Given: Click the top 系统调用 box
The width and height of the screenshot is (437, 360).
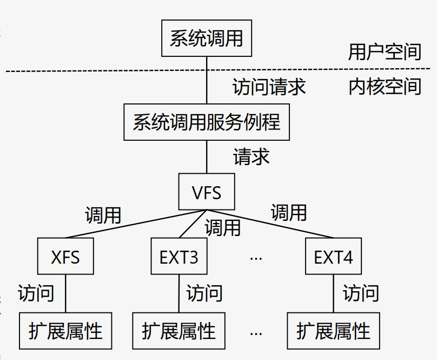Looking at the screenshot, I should [x=206, y=38].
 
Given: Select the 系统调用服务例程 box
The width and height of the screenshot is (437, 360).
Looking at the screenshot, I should [x=206, y=122].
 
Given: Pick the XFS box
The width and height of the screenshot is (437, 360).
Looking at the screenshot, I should [x=65, y=257].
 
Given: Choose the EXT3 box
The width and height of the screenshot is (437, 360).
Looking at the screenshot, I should [x=178, y=257].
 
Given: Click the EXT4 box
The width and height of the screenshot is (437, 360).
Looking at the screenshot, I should [x=333, y=257].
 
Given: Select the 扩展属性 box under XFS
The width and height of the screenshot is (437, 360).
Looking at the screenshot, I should [x=65, y=331].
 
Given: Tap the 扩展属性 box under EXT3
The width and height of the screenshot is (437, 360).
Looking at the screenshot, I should [x=178, y=331].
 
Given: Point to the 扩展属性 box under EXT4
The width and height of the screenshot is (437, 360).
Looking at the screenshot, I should [x=333, y=331].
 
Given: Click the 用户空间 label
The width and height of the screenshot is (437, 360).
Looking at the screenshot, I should [x=385, y=52].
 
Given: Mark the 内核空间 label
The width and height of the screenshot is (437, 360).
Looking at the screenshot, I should [x=385, y=87].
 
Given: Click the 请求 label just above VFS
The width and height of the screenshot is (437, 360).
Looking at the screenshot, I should [x=251, y=156].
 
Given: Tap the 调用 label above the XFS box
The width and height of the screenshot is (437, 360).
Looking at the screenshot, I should [x=103, y=215].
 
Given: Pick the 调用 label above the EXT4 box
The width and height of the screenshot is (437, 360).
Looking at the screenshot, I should [x=289, y=212].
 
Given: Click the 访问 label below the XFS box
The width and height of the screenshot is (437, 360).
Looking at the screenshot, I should [x=36, y=293].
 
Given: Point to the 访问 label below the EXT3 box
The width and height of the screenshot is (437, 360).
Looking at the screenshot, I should [x=204, y=293].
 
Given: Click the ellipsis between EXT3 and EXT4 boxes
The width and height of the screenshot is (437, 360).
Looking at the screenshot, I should [x=256, y=258].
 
